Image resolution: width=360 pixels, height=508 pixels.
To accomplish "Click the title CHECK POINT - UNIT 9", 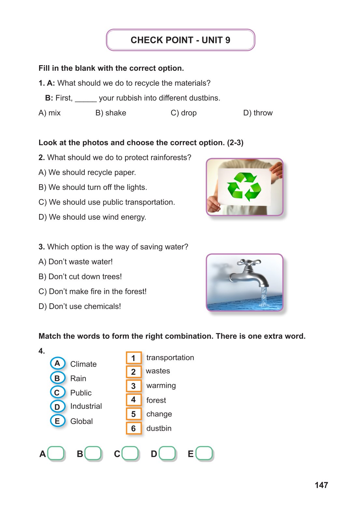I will tap(180, 40).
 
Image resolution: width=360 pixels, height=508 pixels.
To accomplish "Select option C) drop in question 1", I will tap(183, 113).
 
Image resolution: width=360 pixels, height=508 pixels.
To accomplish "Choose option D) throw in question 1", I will tap(258, 113).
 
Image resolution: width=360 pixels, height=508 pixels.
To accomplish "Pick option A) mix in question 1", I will tap(50, 113).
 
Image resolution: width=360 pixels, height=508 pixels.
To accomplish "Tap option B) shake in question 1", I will tap(110, 113).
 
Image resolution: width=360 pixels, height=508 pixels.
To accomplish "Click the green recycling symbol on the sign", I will tap(244, 187).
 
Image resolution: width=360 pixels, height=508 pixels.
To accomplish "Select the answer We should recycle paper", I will tap(87, 172).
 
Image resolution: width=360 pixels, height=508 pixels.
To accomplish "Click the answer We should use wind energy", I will tap(92, 217).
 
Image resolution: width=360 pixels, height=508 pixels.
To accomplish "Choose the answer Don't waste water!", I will tap(76, 262).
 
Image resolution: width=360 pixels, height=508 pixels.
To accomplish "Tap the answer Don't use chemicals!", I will tap(79, 306).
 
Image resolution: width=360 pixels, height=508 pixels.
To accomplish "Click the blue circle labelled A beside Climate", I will tap(57, 363).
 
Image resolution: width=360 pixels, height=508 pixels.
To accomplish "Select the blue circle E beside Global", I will tap(57, 421).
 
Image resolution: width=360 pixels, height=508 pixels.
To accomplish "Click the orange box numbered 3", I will tap(134, 386).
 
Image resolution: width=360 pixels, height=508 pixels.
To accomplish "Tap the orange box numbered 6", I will tap(134, 428).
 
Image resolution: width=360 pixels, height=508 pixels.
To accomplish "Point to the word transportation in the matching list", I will tap(170, 357).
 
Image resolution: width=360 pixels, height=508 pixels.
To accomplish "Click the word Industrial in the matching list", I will tap(86, 406).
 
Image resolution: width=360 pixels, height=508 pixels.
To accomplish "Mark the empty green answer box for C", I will tap(130, 453).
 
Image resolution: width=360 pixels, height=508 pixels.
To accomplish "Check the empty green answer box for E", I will tap(204, 453).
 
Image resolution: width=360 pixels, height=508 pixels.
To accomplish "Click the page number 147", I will tap(321, 485).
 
